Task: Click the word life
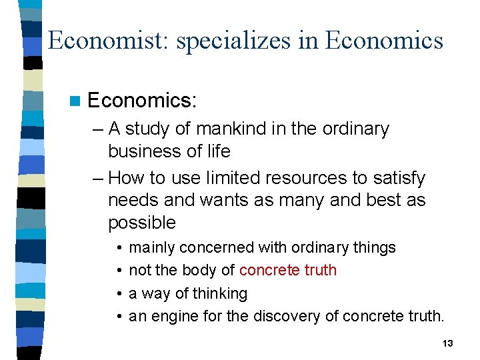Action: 217,151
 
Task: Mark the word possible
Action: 142,223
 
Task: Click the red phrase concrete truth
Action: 287,270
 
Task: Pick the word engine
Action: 173,316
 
